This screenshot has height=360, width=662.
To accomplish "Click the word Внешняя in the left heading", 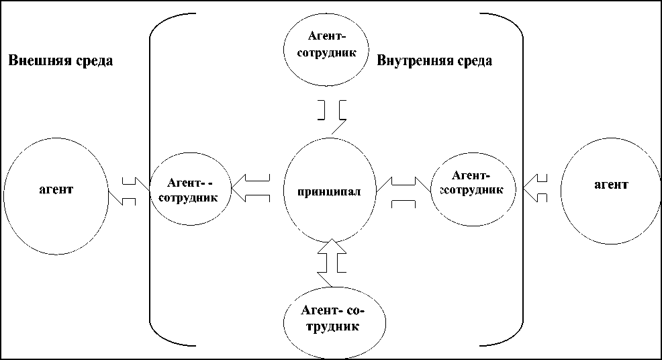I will (36, 61).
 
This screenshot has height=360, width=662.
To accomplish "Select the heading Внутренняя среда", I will (434, 60).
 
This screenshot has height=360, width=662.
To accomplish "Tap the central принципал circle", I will (330, 191).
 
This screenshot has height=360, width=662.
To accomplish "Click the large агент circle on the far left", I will (56, 195).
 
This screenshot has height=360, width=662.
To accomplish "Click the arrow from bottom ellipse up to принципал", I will (332, 259).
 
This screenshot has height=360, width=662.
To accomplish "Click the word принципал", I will (329, 191).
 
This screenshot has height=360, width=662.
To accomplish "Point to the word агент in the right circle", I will (610, 183).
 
